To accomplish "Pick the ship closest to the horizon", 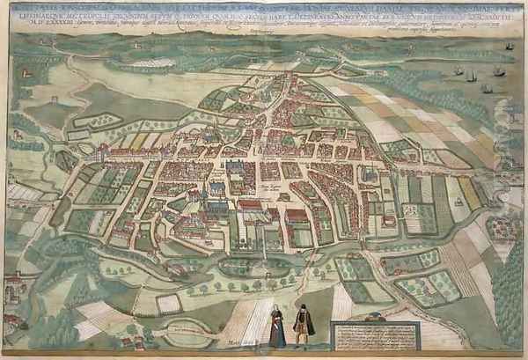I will pyautogui.click(x=510, y=47).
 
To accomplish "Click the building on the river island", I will pyautogui.click(x=13, y=286).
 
